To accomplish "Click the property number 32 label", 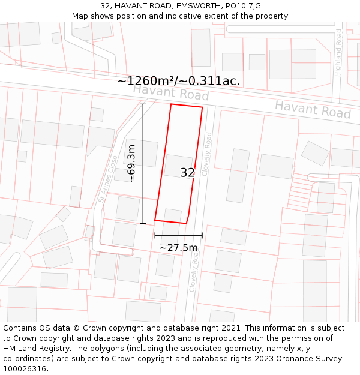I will tap(187, 173).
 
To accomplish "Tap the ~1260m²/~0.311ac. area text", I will tap(178, 81).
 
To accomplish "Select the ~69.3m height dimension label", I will tap(132, 163).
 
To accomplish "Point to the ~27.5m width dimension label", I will tap(178, 247).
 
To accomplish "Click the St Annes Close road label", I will tap(108, 179).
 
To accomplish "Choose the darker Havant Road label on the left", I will tap(170, 93).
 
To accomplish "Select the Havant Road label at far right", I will tap(313, 109).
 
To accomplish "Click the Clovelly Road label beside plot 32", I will tap(207, 154).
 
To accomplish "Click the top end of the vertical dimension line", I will tap(143, 104).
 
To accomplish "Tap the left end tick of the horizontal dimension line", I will tap(155, 235).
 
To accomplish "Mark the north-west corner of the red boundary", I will tap(171, 104).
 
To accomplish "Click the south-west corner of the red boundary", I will tap(155, 220).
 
